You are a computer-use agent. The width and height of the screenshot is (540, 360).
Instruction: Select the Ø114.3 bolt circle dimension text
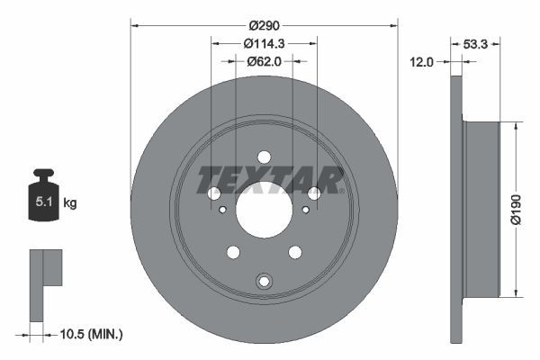click(x=264, y=43)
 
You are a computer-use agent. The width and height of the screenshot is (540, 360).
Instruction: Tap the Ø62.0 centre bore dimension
click(x=264, y=61)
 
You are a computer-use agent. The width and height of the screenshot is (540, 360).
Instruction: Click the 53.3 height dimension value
click(x=476, y=42)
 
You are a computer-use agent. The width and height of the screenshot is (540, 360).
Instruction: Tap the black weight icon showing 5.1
click(x=44, y=197)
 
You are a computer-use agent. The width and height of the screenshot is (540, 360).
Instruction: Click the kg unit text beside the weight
click(x=70, y=203)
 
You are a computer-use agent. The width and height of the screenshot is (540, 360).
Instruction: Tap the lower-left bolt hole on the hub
click(x=232, y=252)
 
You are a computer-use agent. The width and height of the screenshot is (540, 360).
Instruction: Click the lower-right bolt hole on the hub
click(x=294, y=252)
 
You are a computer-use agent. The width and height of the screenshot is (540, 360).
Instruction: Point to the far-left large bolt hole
click(x=213, y=193)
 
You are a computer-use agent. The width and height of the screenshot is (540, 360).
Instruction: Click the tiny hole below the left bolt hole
click(x=221, y=210)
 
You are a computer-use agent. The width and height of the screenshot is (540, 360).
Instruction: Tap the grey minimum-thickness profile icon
click(x=42, y=283)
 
